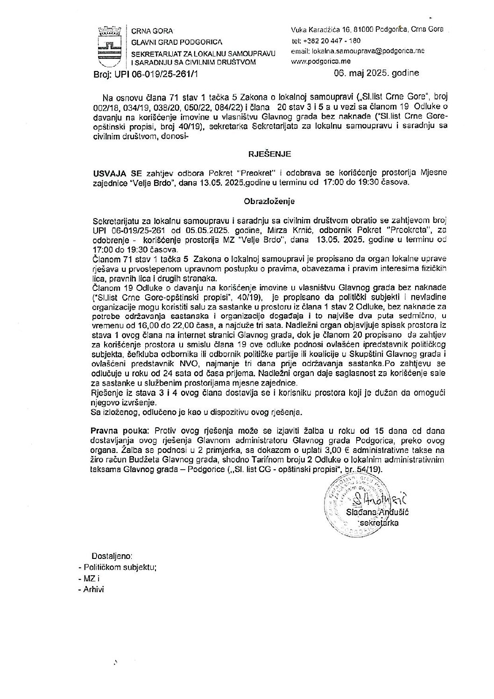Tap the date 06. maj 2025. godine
pyautogui.click(x=376, y=73)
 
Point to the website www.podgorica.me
pyautogui.click(x=320, y=61)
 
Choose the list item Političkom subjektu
pyautogui.click(x=120, y=567)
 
